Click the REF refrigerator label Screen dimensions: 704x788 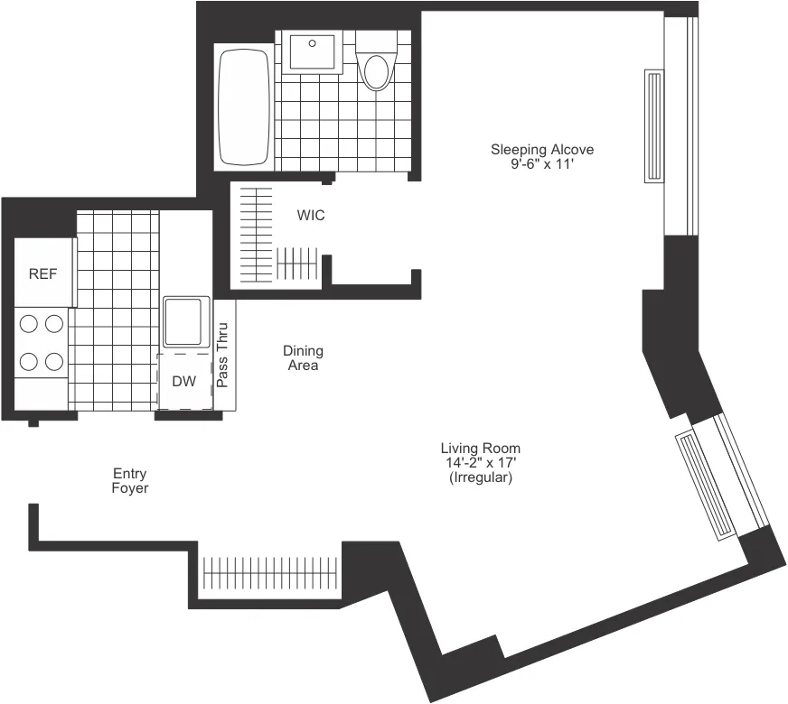(x=42, y=274)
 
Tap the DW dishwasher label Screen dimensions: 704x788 (x=184, y=381)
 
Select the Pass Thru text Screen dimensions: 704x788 (x=223, y=356)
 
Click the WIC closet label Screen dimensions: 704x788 (x=311, y=216)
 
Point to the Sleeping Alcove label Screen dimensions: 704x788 (x=542, y=149)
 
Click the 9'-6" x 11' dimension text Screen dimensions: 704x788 (x=542, y=164)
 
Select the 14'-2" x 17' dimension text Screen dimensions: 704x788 (x=480, y=463)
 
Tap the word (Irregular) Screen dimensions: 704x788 (x=480, y=477)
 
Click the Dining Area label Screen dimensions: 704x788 (x=303, y=357)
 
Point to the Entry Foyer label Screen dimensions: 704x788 (x=130, y=480)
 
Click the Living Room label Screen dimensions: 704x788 (x=480, y=448)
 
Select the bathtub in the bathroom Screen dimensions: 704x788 (x=244, y=107)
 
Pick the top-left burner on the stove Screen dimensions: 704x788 (x=29, y=323)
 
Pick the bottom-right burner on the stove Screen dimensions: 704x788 (x=54, y=362)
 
